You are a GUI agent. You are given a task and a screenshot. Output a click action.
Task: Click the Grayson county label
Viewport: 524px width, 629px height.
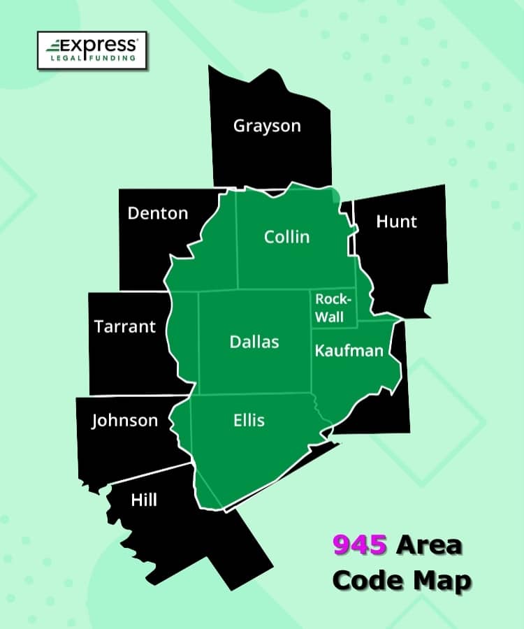pos(267,126)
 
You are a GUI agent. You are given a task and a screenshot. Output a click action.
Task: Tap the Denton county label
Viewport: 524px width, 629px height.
pos(158,213)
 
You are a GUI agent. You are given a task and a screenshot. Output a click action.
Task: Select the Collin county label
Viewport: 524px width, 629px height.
pos(286,237)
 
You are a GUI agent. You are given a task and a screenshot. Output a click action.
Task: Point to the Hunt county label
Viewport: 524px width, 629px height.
pos(396,222)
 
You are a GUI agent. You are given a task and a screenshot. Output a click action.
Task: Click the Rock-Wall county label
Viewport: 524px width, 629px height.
pos(332,308)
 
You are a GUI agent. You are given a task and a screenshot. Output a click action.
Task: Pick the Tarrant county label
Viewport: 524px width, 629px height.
pos(125,326)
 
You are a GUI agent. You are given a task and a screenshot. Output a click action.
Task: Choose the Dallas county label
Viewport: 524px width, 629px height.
pos(254,342)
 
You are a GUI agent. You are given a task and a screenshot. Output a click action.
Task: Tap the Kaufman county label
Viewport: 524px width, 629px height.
pos(349,350)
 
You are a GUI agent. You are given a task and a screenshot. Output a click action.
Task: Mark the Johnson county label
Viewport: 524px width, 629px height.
pos(125,421)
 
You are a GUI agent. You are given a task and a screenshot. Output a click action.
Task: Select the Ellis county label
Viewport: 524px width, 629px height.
pos(249,420)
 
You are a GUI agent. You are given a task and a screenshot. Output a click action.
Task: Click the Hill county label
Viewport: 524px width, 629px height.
pos(144,500)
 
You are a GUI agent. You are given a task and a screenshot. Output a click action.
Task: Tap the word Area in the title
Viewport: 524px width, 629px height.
pos(429,545)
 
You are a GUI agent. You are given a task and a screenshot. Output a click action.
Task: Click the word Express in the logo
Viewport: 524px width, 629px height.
pos(102,45)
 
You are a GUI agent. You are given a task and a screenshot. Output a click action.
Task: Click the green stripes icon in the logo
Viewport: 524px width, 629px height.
pos(54,47)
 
